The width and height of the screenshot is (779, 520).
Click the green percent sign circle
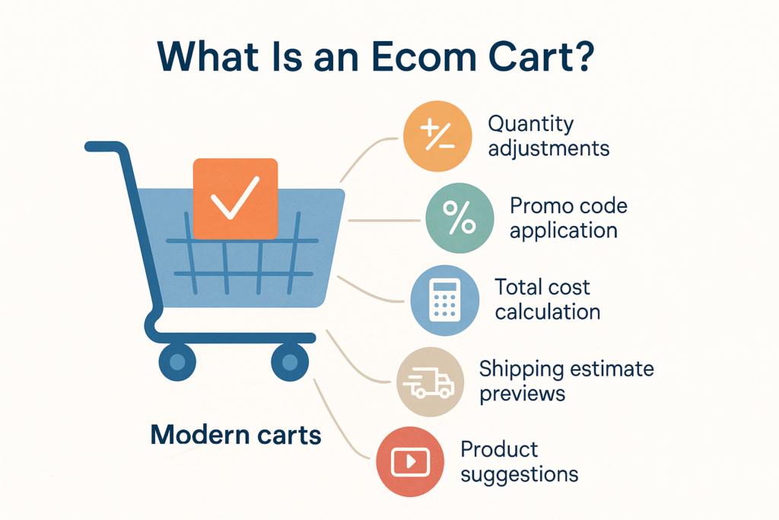click(x=459, y=218)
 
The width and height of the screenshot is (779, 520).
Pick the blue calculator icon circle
click(x=445, y=300)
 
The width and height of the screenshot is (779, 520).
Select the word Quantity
click(x=530, y=123)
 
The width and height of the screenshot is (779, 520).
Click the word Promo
click(x=541, y=206)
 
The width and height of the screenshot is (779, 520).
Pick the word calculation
click(x=548, y=311)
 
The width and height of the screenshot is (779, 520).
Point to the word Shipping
click(x=523, y=369)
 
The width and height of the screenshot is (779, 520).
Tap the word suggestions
click(x=519, y=474)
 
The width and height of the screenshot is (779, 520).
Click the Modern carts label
click(x=236, y=435)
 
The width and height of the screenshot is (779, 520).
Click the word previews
click(x=521, y=393)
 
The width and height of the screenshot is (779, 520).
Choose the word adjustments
click(x=548, y=147)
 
